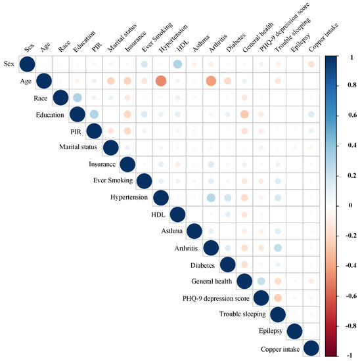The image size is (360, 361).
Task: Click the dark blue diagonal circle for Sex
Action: pyautogui.click(x=27, y=64)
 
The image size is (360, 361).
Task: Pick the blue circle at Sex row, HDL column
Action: pyautogui.click(x=177, y=64)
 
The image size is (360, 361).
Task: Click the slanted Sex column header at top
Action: pyautogui.click(x=29, y=48)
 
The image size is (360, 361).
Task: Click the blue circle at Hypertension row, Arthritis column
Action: pyautogui.click(x=211, y=198)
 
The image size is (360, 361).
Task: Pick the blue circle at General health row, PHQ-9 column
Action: pyautogui.click(x=261, y=281)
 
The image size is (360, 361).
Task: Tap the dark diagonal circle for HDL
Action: pyautogui.click(x=177, y=215)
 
